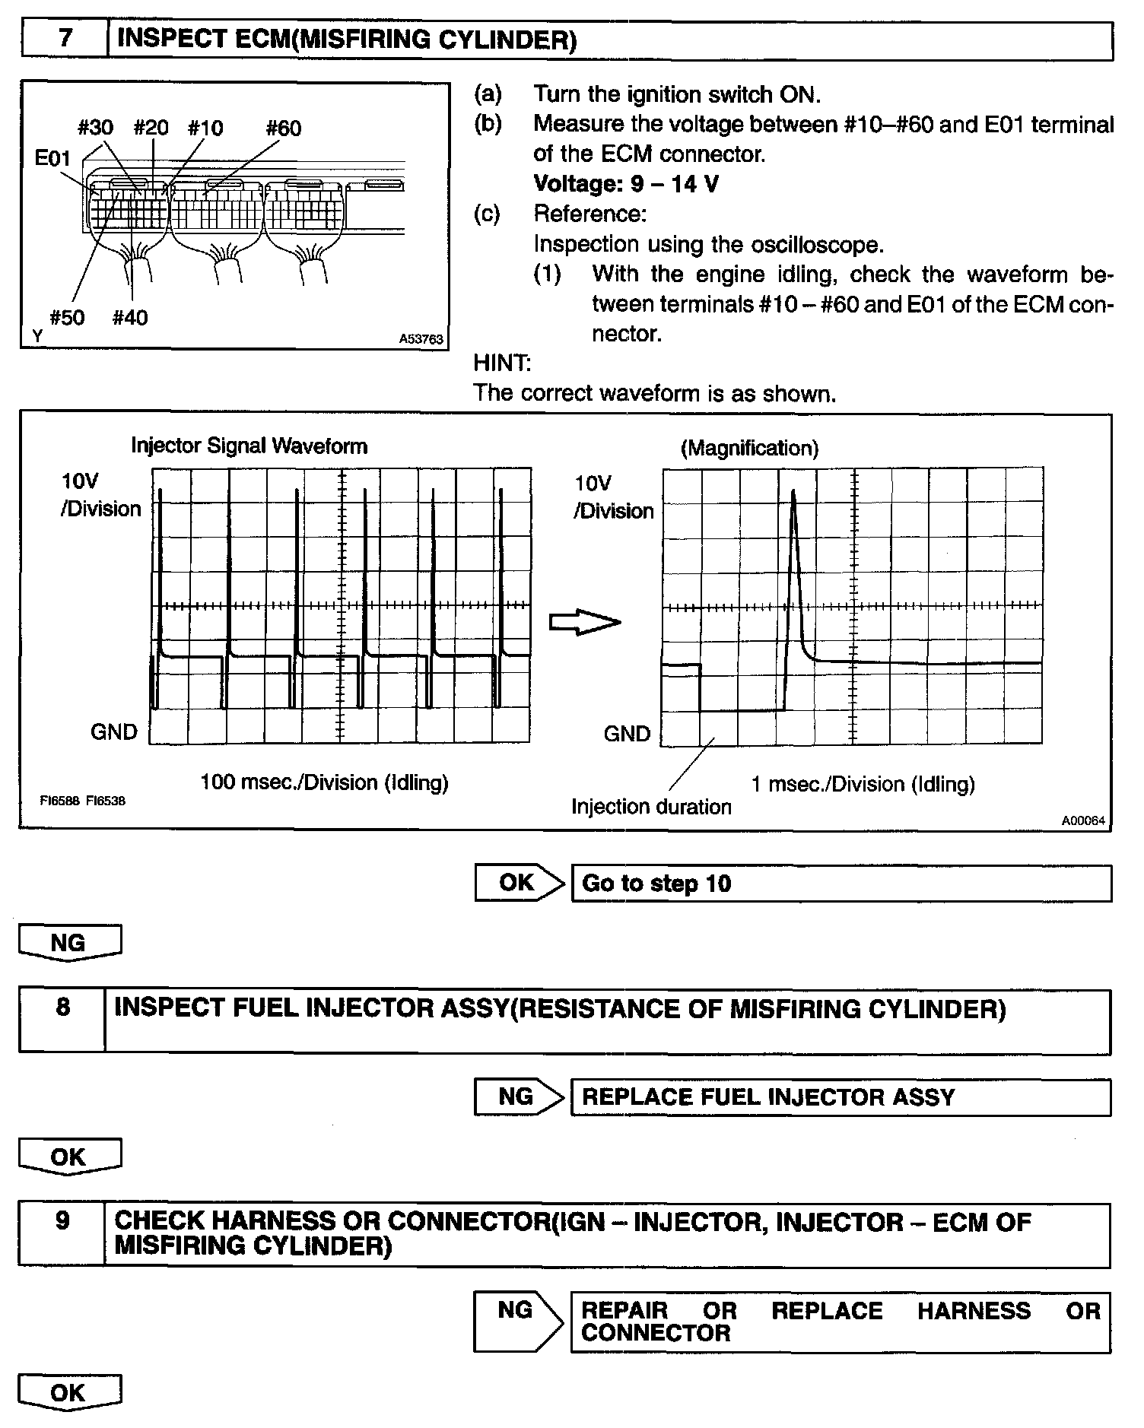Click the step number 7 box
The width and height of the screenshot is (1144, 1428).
pyautogui.click(x=65, y=40)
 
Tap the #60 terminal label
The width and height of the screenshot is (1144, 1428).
pyautogui.click(x=283, y=128)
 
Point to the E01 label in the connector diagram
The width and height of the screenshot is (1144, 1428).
pyautogui.click(x=52, y=158)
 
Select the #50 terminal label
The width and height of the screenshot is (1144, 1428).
pyautogui.click(x=67, y=317)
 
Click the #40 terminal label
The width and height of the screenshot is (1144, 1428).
pyautogui.click(x=130, y=317)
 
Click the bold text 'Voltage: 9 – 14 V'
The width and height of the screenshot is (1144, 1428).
pyautogui.click(x=625, y=184)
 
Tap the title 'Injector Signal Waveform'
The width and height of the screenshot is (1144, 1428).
pyautogui.click(x=249, y=446)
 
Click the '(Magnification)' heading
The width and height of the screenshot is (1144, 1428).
pyautogui.click(x=749, y=448)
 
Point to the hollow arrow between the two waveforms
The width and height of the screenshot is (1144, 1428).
pyautogui.click(x=584, y=622)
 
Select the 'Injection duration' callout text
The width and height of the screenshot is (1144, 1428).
pyautogui.click(x=651, y=807)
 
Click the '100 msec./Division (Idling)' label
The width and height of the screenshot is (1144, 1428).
pyautogui.click(x=324, y=782)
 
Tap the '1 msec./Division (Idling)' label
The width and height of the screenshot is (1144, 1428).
pyautogui.click(x=863, y=784)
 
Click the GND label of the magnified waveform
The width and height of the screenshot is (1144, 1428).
pyautogui.click(x=627, y=734)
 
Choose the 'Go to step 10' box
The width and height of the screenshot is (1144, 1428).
pyautogui.click(x=841, y=884)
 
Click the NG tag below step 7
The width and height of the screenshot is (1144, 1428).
pyautogui.click(x=69, y=943)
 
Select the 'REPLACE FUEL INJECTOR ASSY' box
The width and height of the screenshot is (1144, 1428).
pyautogui.click(x=841, y=1097)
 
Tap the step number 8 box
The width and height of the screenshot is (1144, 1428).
pyautogui.click(x=62, y=1008)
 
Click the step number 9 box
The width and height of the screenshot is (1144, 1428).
pyautogui.click(x=62, y=1222)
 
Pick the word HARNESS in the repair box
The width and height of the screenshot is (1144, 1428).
pyautogui.click(x=974, y=1311)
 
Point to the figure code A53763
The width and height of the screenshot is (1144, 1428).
pyautogui.click(x=421, y=339)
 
